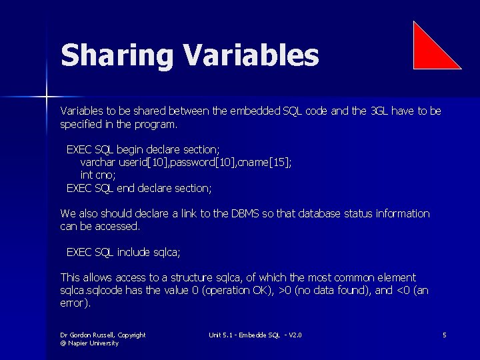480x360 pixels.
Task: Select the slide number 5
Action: pyautogui.click(x=444, y=335)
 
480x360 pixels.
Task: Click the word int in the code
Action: pyautogui.click(x=86, y=175)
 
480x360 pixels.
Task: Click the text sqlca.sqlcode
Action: pyautogui.click(x=91, y=291)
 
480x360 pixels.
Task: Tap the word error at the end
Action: pyautogui.click(x=73, y=303)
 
